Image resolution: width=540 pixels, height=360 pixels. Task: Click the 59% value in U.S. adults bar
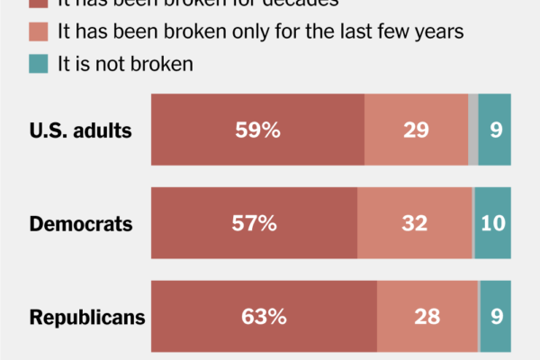pyautogui.click(x=257, y=130)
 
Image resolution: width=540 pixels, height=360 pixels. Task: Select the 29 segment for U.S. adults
pyautogui.click(x=416, y=130)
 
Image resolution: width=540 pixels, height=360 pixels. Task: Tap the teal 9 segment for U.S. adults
pyautogui.click(x=495, y=130)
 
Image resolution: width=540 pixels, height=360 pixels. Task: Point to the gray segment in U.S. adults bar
pyautogui.click(x=472, y=130)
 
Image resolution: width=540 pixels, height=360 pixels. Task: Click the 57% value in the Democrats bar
pyautogui.click(x=254, y=224)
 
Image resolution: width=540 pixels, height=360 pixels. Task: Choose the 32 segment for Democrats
pyautogui.click(x=414, y=224)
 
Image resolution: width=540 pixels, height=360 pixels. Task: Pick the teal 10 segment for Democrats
pyautogui.click(x=492, y=224)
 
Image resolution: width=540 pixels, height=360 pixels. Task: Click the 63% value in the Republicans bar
pyautogui.click(x=264, y=317)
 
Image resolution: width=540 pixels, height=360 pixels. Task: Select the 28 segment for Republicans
pyautogui.click(x=427, y=317)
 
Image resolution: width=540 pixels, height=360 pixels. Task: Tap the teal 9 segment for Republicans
pyautogui.click(x=495, y=317)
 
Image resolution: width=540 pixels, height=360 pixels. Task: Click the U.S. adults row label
pyautogui.click(x=81, y=130)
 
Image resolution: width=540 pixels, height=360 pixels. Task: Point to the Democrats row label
pyautogui.click(x=82, y=224)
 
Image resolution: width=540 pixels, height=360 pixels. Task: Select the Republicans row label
pyautogui.click(x=87, y=318)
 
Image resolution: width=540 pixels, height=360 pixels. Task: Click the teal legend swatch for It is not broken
pyautogui.click(x=38, y=64)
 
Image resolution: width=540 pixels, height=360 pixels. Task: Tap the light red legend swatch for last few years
pyautogui.click(x=38, y=31)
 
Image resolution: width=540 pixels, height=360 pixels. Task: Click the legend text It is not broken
pyautogui.click(x=125, y=64)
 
